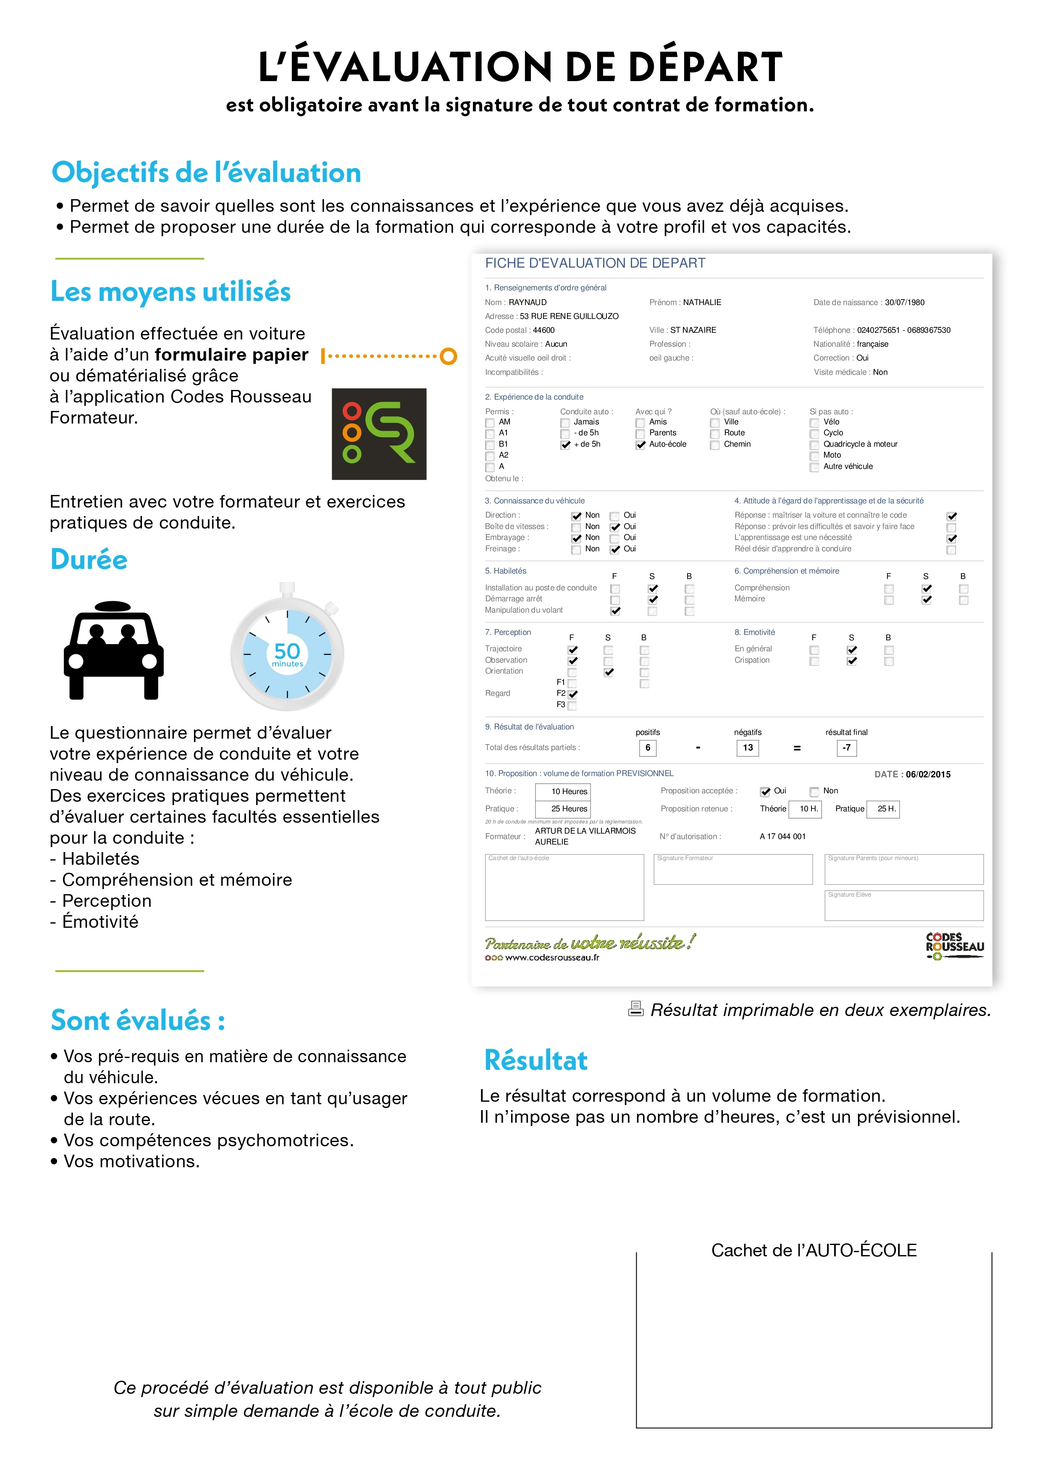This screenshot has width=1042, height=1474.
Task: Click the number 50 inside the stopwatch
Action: (x=287, y=651)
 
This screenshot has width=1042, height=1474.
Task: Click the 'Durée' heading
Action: (x=89, y=559)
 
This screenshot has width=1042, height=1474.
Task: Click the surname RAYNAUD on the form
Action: (x=528, y=303)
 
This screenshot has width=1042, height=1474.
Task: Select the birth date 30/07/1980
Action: (x=904, y=303)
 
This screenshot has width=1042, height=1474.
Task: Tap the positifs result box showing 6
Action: (x=647, y=748)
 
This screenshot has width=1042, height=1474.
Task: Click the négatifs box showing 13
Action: (x=748, y=748)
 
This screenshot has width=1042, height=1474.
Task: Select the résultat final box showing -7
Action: (x=846, y=748)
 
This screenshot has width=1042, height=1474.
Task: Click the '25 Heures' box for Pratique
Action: (x=569, y=809)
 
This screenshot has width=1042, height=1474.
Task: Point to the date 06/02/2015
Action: (x=928, y=774)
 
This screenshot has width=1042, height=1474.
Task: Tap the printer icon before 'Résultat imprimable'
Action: (x=635, y=1009)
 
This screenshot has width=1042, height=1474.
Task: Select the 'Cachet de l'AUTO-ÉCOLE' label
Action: (x=814, y=1250)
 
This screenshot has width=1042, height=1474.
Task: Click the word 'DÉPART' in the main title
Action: (x=705, y=67)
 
